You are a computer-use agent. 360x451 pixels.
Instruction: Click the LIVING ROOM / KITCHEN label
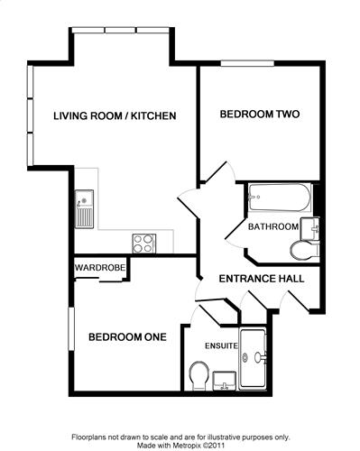coord(115,115)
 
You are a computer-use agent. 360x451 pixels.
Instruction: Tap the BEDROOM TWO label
coord(260,115)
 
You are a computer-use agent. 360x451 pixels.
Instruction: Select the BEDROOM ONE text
coord(127,336)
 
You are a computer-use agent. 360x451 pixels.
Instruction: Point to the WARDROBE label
coord(100,267)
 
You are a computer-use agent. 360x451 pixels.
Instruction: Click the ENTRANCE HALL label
coord(262,279)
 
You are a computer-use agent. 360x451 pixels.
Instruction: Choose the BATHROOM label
coord(273,226)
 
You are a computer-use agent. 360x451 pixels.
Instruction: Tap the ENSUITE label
coord(221,345)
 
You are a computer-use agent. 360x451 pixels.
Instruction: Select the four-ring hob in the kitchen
coord(144,244)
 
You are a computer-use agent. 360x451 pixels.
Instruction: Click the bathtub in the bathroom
coord(280,198)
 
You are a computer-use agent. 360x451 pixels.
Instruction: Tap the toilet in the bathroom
coord(305,250)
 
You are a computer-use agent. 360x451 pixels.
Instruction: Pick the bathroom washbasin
coord(309,229)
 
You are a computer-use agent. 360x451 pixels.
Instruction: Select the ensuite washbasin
coord(225,381)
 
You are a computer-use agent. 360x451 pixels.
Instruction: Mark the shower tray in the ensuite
coord(253,359)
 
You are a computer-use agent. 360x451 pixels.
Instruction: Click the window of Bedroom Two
coord(247,63)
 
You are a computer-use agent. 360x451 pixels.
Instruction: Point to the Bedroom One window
coord(71,328)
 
